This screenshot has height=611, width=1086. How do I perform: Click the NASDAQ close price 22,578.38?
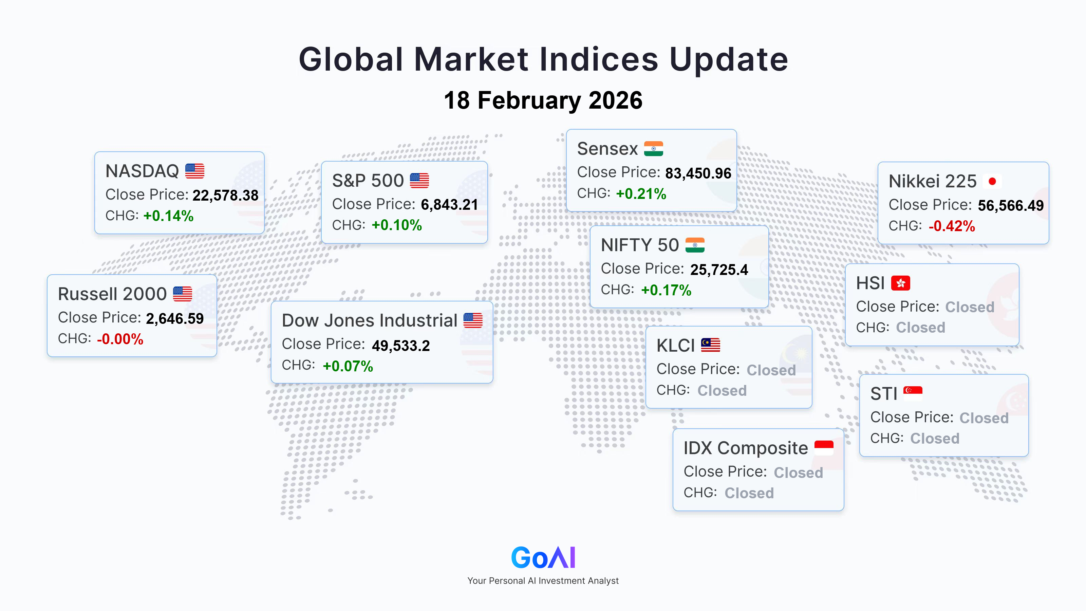pos(226,196)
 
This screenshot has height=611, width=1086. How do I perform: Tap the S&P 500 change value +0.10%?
pos(397,225)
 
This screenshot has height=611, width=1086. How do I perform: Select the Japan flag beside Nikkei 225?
pos(992,181)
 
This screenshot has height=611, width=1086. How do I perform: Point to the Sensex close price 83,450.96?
pos(698,173)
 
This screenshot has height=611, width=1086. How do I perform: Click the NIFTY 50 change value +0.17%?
pos(666,290)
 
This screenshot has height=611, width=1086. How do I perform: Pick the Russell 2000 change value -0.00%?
pos(120,339)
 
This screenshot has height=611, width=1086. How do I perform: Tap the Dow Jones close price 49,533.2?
pos(401,346)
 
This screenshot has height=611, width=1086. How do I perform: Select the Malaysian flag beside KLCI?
pos(710,345)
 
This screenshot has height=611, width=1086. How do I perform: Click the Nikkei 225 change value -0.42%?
pos(952,226)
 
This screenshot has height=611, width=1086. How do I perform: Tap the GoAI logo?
pos(543,557)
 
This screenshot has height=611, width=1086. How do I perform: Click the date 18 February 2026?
pos(543,100)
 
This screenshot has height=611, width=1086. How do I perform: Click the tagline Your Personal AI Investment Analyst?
pos(543,581)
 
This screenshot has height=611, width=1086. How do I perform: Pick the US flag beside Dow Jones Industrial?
pos(473,320)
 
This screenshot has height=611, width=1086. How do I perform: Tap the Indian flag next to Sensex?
pos(653,148)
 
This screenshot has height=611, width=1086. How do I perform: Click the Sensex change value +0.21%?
pos(641,194)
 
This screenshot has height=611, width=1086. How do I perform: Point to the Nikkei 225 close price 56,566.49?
pos(1011,206)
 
